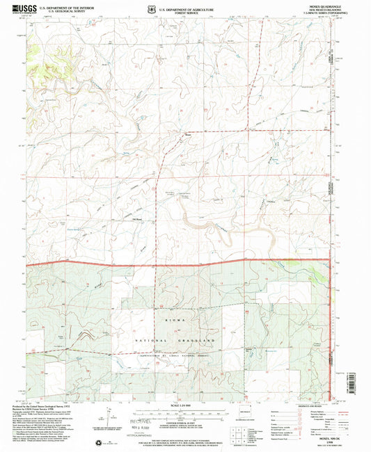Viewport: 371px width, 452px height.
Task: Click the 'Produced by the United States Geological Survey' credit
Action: (56, 407)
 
